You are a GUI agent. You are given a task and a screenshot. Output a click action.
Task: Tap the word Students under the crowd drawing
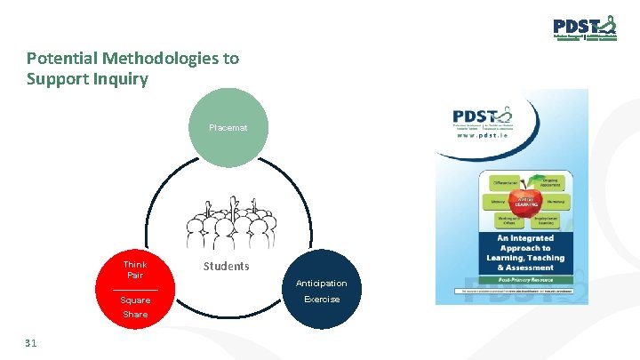coord(227,267)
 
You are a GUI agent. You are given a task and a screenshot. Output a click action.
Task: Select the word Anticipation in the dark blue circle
coord(322,284)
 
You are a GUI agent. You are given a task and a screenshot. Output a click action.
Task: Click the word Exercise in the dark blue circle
coord(322,300)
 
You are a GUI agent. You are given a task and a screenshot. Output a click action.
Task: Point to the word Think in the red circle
coord(135,265)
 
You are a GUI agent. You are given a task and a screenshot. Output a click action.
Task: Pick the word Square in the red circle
coord(135,300)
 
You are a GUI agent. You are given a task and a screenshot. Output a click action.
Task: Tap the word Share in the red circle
coord(135,315)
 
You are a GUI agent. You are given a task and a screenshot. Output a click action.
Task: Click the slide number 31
coord(31,342)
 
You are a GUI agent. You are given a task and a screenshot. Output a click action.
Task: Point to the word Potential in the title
coord(62,59)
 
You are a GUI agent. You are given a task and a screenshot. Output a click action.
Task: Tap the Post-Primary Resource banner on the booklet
coord(520,279)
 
